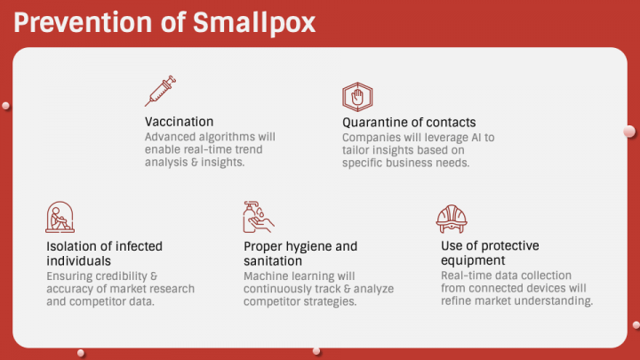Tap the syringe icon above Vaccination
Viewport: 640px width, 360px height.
click(x=159, y=92)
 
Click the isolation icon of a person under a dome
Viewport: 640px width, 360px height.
click(x=60, y=218)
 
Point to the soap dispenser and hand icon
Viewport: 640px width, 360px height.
click(x=258, y=218)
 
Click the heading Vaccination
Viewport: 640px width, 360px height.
click(x=179, y=122)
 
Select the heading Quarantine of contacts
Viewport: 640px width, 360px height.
click(x=409, y=122)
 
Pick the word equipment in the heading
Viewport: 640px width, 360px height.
click(x=474, y=260)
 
